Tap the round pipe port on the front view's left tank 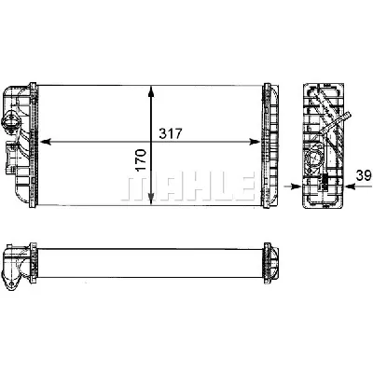click(x=13, y=121)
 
